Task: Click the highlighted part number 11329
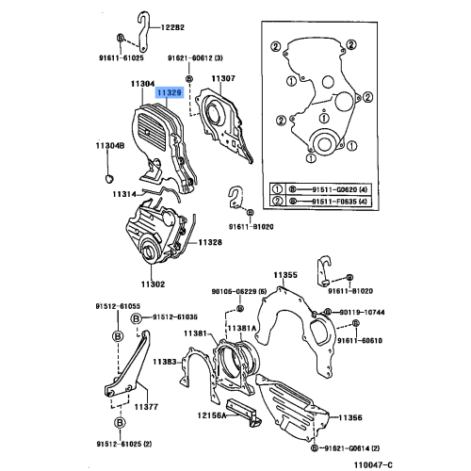click(x=170, y=93)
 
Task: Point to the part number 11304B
click(x=110, y=145)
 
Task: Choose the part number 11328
click(x=210, y=242)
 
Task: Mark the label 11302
click(x=153, y=284)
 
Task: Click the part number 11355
click(x=285, y=275)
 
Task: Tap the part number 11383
click(x=166, y=362)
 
